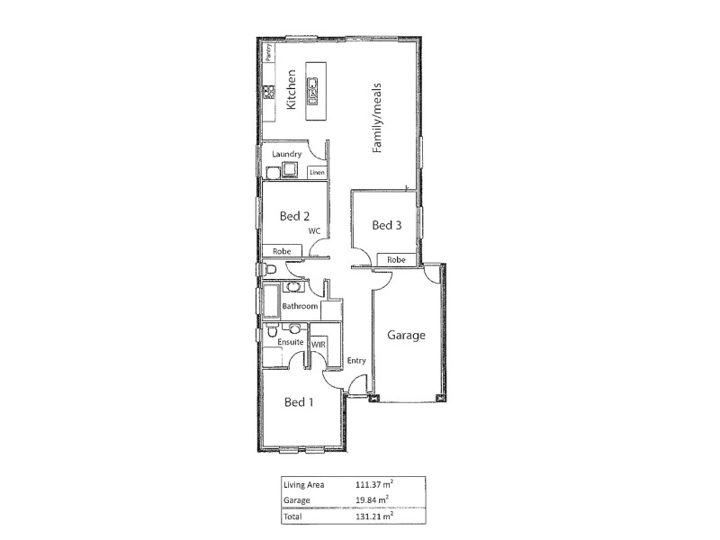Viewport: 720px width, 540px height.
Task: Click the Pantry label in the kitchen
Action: pos(268,53)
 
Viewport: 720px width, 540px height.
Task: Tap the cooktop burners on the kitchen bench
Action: pos(268,91)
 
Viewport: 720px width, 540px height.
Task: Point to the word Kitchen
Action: pos(291,90)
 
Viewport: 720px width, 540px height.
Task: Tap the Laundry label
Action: pos(286,154)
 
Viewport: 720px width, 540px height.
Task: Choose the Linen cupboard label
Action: pos(316,172)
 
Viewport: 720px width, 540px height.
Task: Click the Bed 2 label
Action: pos(294,216)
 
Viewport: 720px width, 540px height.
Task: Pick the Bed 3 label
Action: pos(386,225)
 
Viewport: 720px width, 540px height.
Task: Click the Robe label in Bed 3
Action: pos(396,259)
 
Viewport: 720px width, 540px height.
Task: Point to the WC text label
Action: pos(314,231)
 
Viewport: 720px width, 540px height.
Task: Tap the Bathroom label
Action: pos(300,306)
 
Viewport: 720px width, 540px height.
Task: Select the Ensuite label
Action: pos(290,343)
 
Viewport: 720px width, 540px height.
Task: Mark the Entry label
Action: pos(356,361)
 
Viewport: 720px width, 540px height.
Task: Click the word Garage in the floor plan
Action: pos(406,335)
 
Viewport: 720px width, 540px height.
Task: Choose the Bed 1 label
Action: pos(299,402)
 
